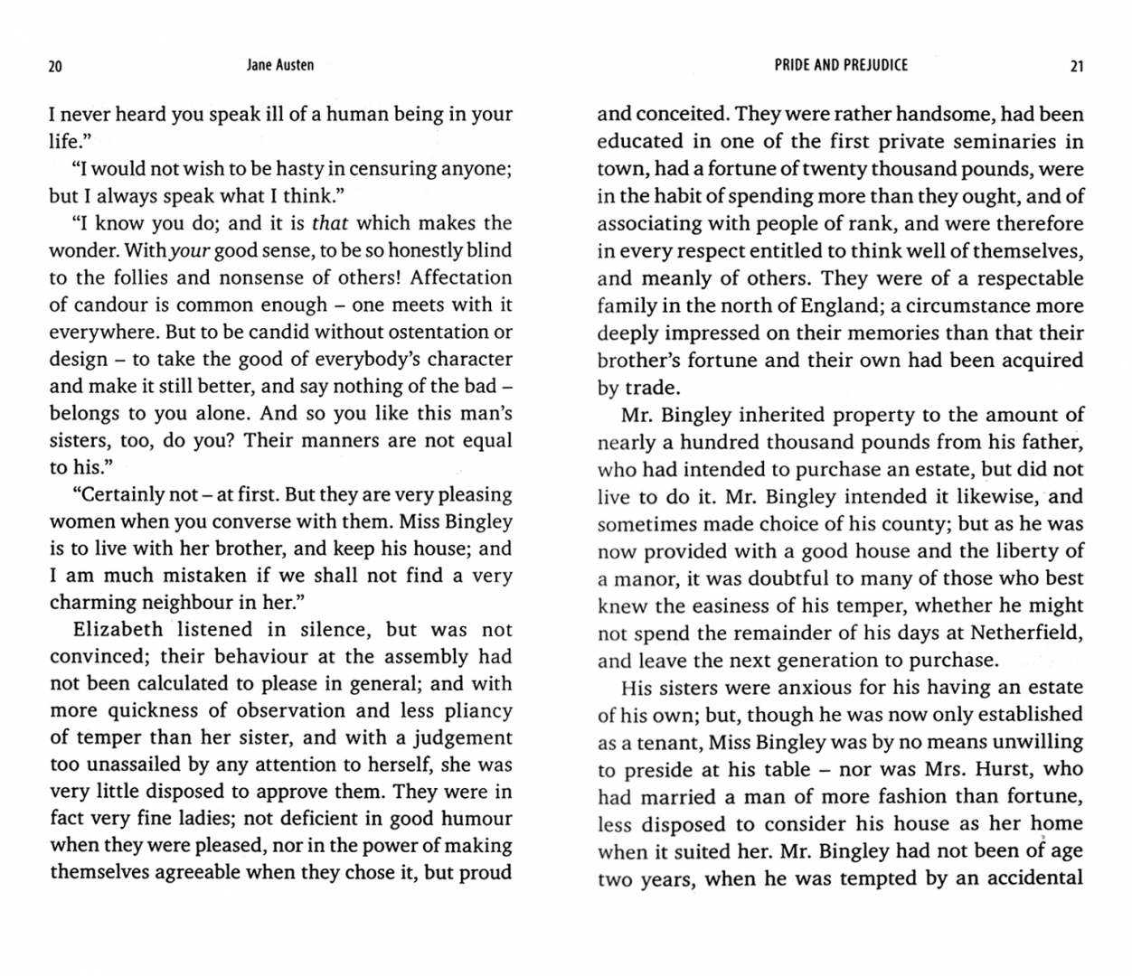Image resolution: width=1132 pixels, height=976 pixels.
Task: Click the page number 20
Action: pos(55,66)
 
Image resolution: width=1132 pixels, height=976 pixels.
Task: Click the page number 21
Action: pos(1076,66)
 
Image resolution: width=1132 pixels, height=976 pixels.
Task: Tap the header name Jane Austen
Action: pos(280,65)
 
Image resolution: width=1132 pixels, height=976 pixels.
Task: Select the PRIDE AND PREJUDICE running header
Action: pos(841,65)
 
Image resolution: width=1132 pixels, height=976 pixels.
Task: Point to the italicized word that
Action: pos(330,223)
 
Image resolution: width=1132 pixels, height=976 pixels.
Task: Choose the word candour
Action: pos(109,305)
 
